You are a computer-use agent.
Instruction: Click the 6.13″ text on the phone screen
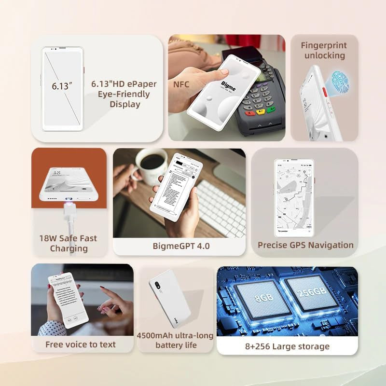(x=62, y=87)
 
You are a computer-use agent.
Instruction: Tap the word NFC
(x=181, y=85)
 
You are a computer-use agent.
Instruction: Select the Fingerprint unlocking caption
(x=323, y=50)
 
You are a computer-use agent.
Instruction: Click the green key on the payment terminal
(x=271, y=110)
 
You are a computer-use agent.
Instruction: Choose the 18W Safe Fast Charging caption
(x=68, y=243)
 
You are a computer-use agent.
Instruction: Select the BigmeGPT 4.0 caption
(x=181, y=246)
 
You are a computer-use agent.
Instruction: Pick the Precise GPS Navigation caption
(x=305, y=245)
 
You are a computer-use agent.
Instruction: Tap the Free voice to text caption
(x=81, y=345)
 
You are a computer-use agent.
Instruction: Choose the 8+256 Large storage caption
(x=287, y=346)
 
